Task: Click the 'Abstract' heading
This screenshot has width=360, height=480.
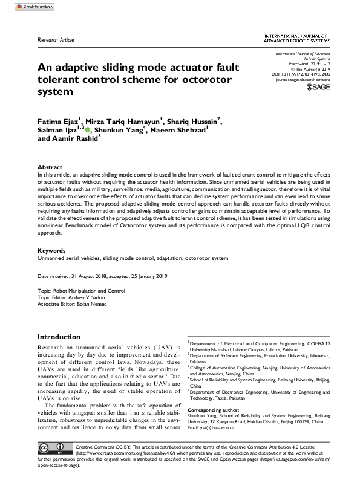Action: (50, 167)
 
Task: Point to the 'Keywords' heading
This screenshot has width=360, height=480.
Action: (51, 249)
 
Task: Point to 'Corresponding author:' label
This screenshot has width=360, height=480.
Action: (220, 410)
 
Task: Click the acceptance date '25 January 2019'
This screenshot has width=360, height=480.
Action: (151, 276)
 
